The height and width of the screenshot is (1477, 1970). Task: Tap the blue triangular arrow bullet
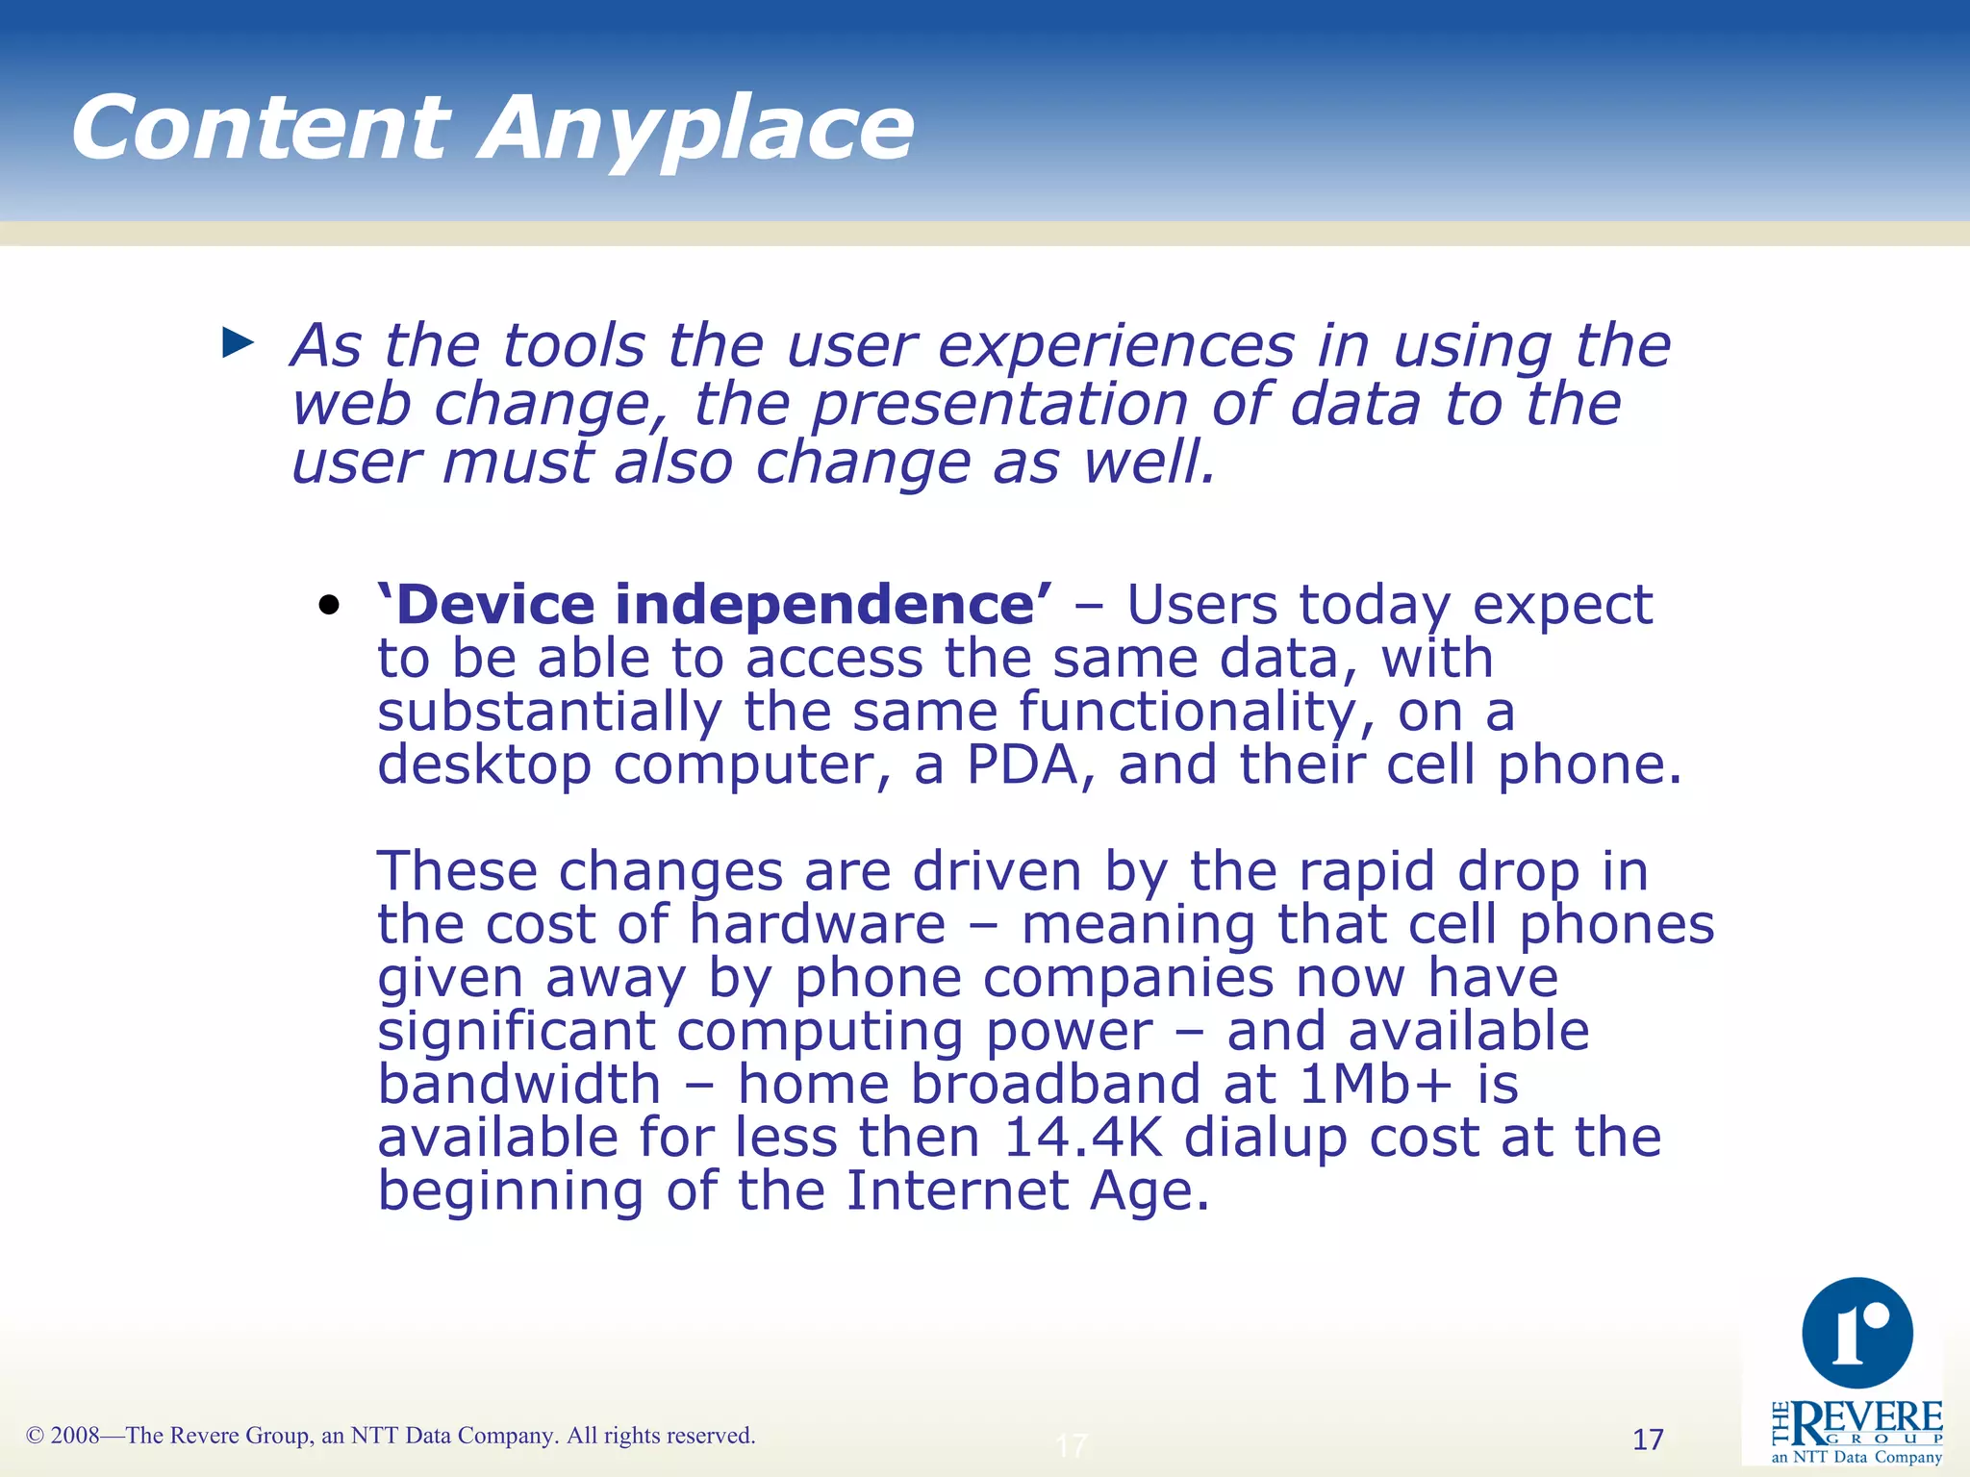coord(237,342)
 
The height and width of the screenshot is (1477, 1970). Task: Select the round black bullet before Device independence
coord(330,605)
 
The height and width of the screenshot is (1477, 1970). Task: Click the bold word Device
coord(495,605)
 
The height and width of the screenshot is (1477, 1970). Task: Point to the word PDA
coord(1022,765)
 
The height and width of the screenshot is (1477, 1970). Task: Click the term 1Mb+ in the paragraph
coord(1376,1085)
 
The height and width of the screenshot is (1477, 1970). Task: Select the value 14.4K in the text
coord(1082,1138)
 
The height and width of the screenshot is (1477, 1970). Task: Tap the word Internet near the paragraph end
coord(957,1191)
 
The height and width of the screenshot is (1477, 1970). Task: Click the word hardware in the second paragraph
coord(818,925)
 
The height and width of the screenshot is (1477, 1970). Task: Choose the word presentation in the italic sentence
coord(1000,404)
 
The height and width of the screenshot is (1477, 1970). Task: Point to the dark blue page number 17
coord(1648,1439)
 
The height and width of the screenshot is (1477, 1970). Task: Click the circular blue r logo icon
coord(1856,1334)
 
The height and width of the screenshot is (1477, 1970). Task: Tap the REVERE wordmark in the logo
coord(1866,1419)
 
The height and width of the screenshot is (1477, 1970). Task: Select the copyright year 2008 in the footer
coord(75,1436)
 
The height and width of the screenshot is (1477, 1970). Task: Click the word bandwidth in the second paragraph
coord(519,1085)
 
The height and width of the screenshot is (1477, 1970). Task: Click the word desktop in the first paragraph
coord(484,765)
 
